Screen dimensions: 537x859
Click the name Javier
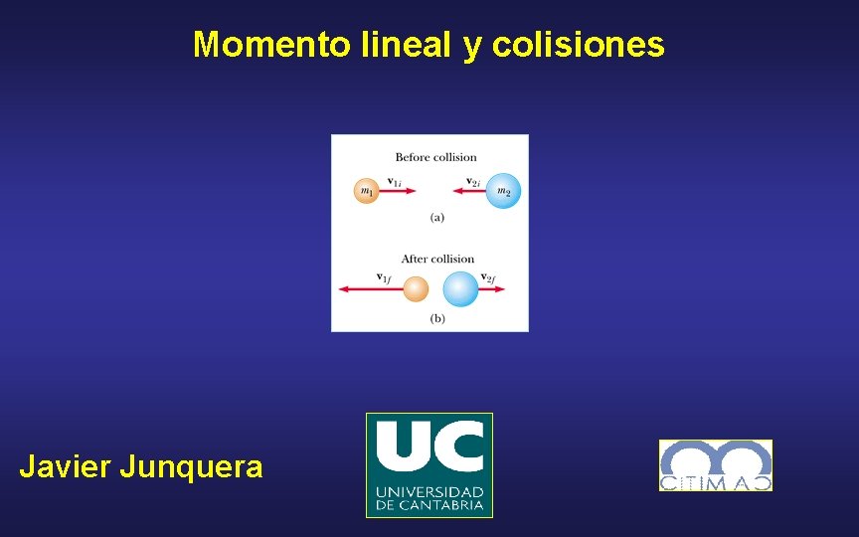[x=65, y=466]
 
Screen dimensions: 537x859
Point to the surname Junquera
[x=191, y=466]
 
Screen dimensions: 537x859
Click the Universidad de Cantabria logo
[x=429, y=465]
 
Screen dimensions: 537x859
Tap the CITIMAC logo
[x=716, y=465]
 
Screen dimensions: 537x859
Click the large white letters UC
[x=429, y=447]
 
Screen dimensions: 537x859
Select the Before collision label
[x=435, y=157]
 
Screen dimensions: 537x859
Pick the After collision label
[x=437, y=260]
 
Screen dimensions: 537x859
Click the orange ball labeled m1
[x=367, y=190]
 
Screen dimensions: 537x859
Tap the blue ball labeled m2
[x=503, y=190]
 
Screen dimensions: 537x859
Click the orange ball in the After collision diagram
[x=416, y=289]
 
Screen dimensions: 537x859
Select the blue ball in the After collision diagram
[x=460, y=289]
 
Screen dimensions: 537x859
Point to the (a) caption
[x=436, y=217]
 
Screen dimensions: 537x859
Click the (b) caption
[x=436, y=318]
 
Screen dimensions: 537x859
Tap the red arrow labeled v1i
[x=399, y=190]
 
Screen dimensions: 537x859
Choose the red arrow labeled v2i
[x=468, y=190]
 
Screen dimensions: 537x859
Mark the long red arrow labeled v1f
[x=370, y=289]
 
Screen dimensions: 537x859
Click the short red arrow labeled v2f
[x=491, y=289]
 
